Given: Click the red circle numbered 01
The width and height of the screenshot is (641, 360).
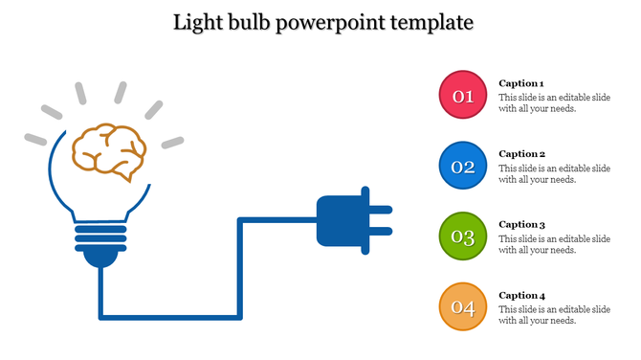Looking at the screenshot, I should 463,96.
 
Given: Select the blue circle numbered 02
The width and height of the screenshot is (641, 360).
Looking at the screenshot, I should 463,167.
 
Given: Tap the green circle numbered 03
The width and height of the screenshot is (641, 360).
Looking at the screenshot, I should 463,237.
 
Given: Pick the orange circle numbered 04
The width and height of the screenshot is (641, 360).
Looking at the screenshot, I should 463,307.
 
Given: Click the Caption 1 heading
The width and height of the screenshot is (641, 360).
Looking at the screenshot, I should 521,83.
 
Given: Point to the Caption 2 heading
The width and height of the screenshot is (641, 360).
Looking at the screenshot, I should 521,154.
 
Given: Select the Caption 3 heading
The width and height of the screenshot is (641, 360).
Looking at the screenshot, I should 521,224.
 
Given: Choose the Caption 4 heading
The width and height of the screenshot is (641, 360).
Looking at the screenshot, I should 521,295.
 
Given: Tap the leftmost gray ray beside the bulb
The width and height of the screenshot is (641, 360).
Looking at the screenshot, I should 35,139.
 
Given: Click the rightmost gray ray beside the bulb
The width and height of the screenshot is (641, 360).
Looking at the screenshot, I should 172,143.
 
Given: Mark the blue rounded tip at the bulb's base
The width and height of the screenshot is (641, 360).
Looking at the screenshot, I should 99,258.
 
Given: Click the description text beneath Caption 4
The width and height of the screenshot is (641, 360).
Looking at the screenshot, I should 554,315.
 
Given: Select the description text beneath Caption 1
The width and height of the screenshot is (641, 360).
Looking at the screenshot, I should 554,103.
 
